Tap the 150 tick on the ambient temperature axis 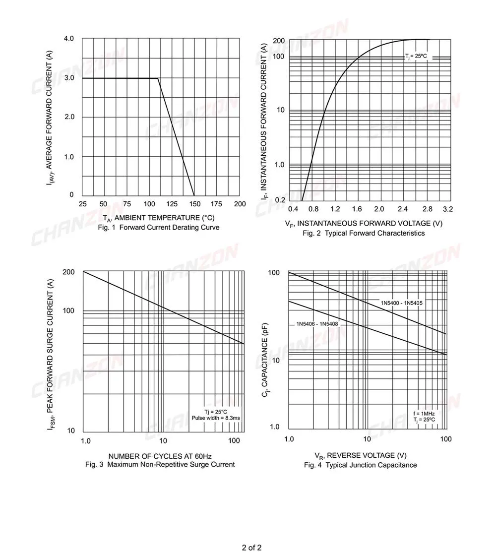click(194, 204)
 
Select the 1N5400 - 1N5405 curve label click(401, 303)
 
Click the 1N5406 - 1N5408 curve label click(317, 324)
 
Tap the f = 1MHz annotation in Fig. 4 click(424, 413)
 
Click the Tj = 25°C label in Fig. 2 click(416, 57)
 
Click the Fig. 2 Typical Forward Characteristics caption click(364, 233)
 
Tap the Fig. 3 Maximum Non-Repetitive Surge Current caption click(160, 464)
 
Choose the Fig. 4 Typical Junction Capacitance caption click(361, 465)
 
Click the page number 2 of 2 click(251, 548)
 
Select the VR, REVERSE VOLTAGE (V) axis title click(361, 455)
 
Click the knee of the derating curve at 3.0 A click(158, 78)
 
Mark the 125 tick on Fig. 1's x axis click(171, 204)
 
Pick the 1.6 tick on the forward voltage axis click(357, 209)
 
